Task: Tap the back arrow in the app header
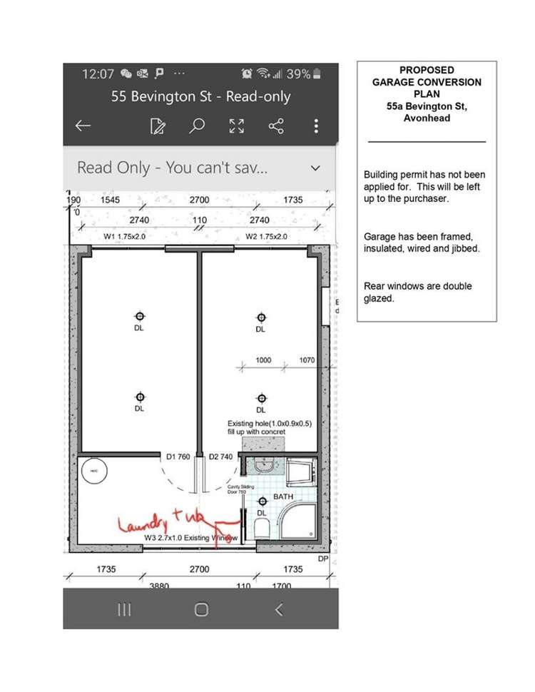point(83,126)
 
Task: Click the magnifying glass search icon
point(197,126)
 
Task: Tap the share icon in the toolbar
point(276,126)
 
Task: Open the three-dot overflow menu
point(316,126)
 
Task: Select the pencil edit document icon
point(158,127)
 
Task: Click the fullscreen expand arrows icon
point(236,126)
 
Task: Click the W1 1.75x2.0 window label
point(125,236)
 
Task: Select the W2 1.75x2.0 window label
point(267,236)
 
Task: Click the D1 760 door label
point(178,457)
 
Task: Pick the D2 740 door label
point(220,457)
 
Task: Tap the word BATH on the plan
point(283,496)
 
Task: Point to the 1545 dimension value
point(111,200)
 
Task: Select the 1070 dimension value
point(307,360)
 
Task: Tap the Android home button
point(201,609)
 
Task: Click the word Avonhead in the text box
point(427,118)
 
